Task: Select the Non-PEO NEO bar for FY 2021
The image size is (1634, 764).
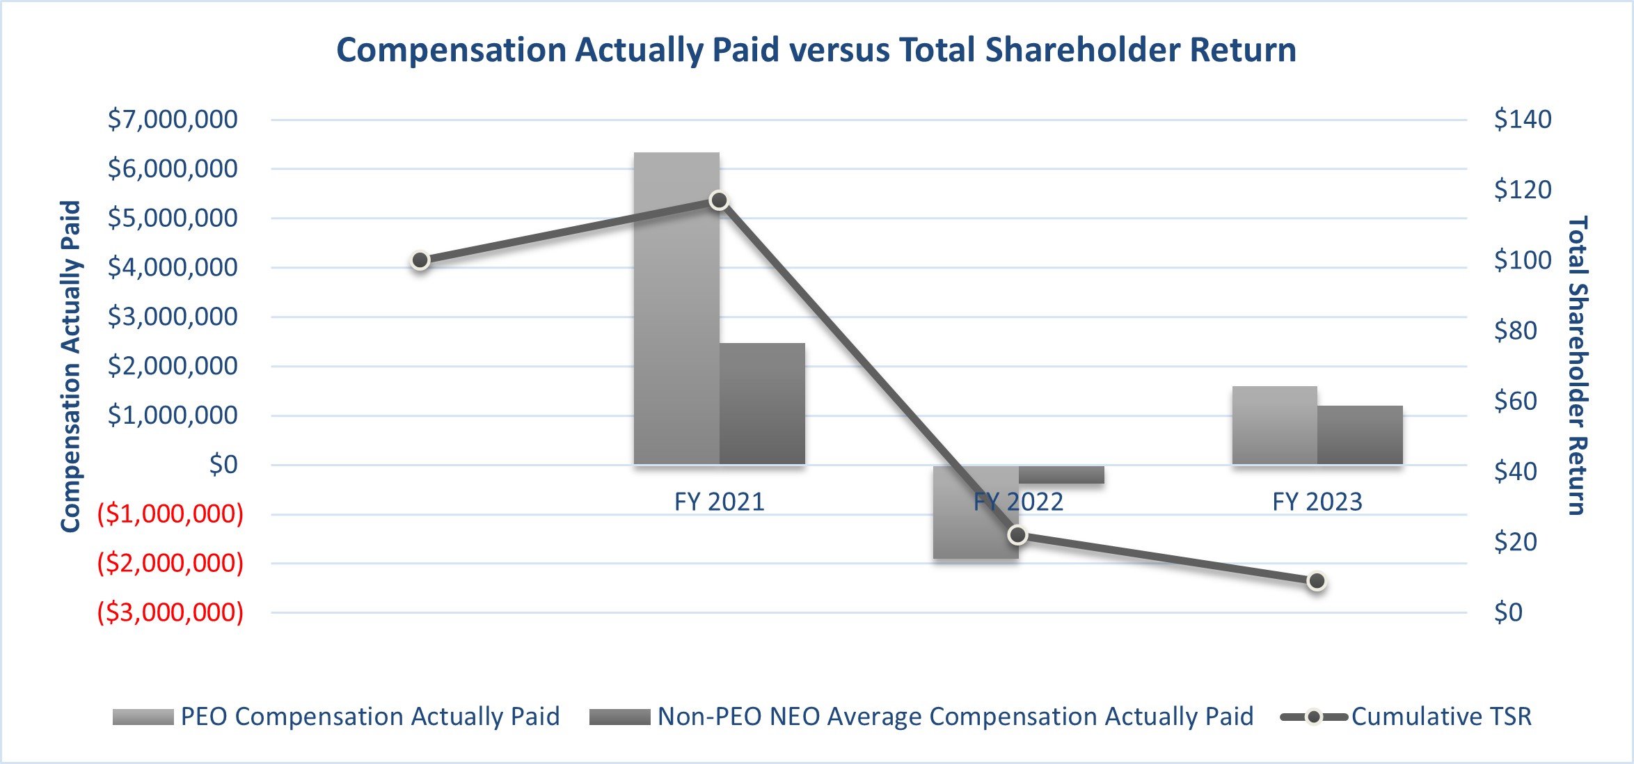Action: (762, 404)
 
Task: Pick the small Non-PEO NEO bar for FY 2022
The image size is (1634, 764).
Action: (1061, 475)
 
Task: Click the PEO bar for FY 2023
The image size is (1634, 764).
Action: (1274, 425)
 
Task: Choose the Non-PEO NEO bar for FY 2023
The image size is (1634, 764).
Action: (1360, 435)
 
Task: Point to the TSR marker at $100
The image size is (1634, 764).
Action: (420, 260)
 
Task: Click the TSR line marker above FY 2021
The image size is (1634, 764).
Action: (719, 200)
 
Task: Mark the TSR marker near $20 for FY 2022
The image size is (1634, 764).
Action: (1017, 534)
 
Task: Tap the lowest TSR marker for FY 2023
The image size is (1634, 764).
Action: (1316, 581)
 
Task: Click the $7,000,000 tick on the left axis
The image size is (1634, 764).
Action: (173, 120)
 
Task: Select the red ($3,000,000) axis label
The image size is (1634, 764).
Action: (170, 612)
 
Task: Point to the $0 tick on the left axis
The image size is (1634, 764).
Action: (223, 465)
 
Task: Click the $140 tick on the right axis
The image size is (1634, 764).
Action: (1523, 120)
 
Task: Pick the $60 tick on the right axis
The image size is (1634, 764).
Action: (1516, 401)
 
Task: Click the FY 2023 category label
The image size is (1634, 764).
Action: (1317, 502)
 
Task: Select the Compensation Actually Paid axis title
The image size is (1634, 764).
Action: (70, 367)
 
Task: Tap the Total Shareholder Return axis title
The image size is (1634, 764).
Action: (1577, 365)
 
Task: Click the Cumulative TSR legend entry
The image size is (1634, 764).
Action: (1441, 717)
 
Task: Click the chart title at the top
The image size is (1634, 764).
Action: (816, 50)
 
